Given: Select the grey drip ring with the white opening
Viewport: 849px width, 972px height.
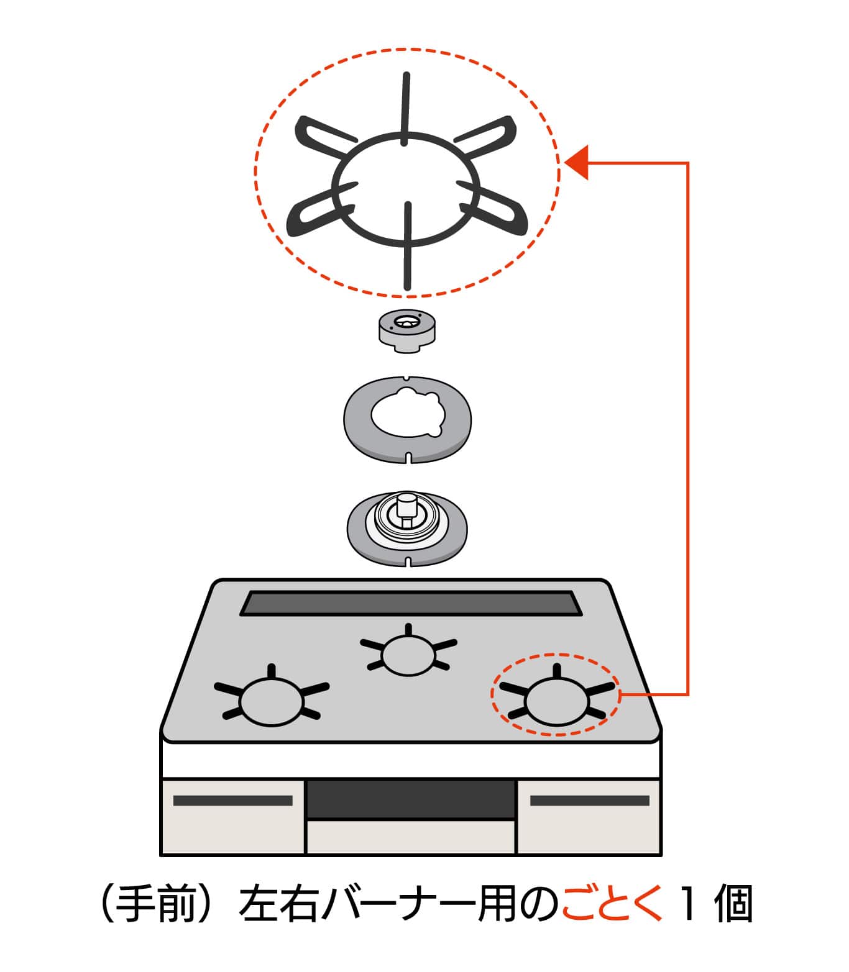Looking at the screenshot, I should (407, 419).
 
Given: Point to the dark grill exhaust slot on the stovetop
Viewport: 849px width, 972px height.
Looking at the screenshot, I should (410, 603).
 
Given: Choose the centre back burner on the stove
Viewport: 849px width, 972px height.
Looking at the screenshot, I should (408, 655).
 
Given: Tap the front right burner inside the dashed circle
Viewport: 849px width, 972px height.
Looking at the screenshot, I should (556, 699).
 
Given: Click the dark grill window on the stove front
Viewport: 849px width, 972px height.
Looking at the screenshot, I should (410, 799).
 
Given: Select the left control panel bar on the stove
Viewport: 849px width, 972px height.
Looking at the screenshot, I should (232, 801).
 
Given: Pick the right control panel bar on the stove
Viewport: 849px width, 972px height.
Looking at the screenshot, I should (589, 801).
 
